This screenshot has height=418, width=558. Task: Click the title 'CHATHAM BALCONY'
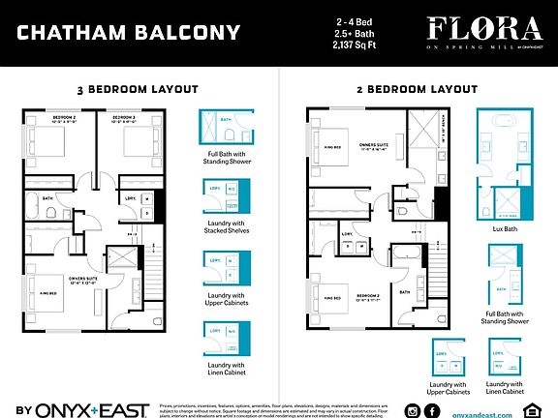(x=128, y=33)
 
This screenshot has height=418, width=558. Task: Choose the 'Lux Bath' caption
(x=503, y=229)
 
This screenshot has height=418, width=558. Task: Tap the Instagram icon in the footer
(x=413, y=411)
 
